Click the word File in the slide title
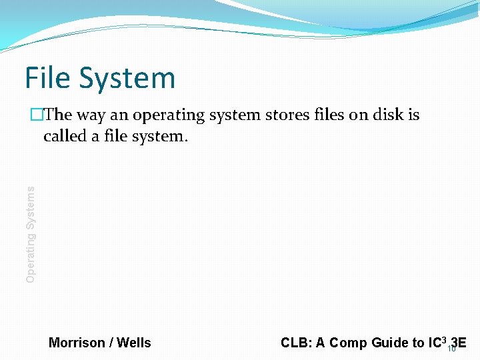pos(49,78)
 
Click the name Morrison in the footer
pos(77,343)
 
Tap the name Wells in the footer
pos(134,343)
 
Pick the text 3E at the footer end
pos(459,342)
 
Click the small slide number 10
pos(451,349)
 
